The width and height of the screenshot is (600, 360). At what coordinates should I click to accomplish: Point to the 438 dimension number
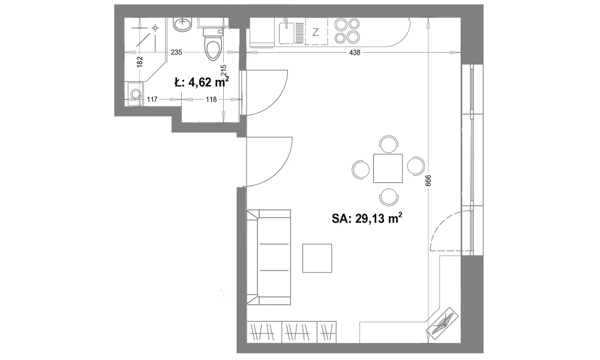pos(355,52)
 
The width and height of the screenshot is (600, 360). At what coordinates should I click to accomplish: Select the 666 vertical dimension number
pos(428,181)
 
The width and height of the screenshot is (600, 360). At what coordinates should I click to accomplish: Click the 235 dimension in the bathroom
pos(176,52)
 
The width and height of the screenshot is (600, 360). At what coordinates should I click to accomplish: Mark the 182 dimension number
pos(139,62)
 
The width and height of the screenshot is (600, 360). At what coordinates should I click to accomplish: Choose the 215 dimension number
pos(224,70)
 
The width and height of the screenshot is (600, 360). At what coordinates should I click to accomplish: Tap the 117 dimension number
pos(152,100)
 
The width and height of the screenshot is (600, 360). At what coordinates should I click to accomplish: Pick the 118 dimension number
pos(211,100)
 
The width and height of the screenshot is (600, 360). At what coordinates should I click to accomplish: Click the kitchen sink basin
pos(286,33)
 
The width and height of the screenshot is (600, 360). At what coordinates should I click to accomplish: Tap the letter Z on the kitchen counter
pos(316,32)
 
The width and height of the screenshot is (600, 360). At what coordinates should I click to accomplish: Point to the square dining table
pos(388,168)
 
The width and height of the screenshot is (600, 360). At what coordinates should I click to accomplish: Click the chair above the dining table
pos(389,144)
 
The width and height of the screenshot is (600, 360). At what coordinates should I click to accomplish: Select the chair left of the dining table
pos(361,169)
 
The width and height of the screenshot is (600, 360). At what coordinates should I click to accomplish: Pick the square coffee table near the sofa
pos(317,258)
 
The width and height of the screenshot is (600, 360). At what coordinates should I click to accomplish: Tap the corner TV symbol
pos(443,322)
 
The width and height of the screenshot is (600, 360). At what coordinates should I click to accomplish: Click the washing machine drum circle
pos(134,94)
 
